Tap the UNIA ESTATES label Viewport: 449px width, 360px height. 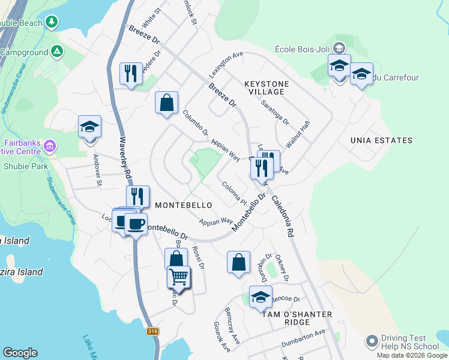[x=382, y=140]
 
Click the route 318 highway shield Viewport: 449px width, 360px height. [x=152, y=331]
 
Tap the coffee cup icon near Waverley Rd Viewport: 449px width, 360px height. [x=136, y=224]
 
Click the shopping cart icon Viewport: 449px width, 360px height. [x=178, y=277]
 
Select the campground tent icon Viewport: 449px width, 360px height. [x=57, y=52]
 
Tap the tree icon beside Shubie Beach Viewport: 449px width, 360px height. [x=52, y=23]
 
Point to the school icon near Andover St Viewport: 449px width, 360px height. [x=89, y=127]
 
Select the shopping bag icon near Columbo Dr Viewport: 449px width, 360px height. [x=166, y=102]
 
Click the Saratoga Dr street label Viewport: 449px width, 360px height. [x=275, y=112]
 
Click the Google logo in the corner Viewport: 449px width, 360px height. [x=20, y=353]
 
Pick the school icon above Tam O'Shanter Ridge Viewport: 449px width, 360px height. [x=261, y=297]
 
